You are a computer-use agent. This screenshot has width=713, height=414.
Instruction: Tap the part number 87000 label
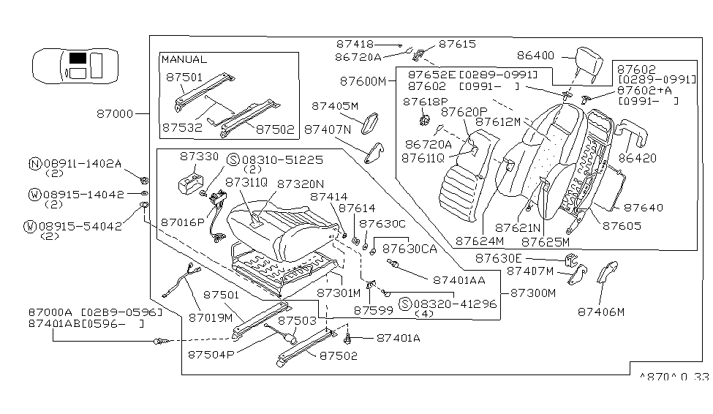pos(115,114)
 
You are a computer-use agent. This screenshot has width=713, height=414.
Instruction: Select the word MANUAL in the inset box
pos(184,59)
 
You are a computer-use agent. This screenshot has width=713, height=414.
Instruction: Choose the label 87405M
pos(336,105)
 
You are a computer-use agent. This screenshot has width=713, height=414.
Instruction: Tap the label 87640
pos(644,208)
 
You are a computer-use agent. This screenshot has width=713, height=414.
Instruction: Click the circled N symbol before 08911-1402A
pos(34,164)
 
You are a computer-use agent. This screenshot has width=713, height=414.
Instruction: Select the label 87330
pos(198,157)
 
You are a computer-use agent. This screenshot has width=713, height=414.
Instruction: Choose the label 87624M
pos(479,240)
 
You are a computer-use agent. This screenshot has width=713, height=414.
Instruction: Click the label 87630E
pos(500,257)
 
